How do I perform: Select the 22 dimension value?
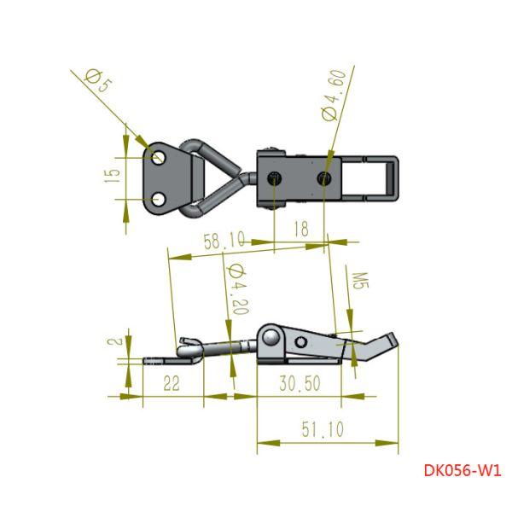point(172,384)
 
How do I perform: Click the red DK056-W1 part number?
point(462,469)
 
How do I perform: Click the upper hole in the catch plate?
point(158,155)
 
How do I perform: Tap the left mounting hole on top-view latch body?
point(274,177)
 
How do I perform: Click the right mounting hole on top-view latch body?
point(324,177)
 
